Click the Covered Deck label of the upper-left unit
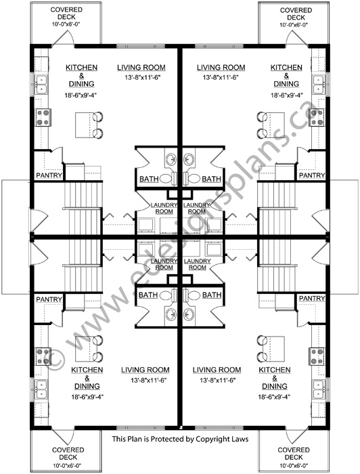click(66, 14)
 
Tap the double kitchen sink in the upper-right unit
click(319, 85)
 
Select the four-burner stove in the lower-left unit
click(43, 356)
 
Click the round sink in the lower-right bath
click(189, 314)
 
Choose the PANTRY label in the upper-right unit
click(312, 175)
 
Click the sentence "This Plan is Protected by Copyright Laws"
click(180, 439)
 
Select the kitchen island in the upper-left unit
click(83, 125)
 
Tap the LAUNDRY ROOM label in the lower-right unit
click(197, 264)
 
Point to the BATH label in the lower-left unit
click(148, 295)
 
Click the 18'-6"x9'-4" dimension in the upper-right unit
click(287, 95)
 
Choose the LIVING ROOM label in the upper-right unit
click(221, 68)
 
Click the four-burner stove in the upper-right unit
click(317, 117)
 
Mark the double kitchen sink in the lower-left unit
click(41, 389)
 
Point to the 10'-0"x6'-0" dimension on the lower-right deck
click(294, 466)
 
